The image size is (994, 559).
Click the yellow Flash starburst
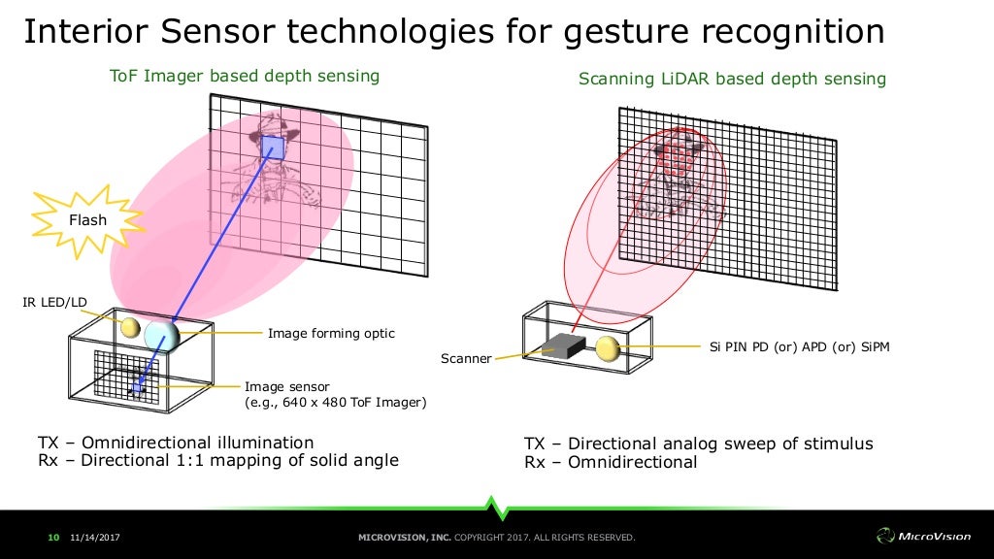coord(86,220)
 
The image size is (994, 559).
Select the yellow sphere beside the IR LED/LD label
coord(129,327)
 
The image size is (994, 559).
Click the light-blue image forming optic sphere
coord(162,336)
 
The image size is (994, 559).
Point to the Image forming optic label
coord(331,333)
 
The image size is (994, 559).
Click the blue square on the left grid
coord(273,148)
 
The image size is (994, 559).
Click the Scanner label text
coord(466,358)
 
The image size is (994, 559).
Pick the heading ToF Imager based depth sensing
coord(244,76)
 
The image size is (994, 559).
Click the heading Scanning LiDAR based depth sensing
coord(732,79)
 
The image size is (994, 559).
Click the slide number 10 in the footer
coord(53,537)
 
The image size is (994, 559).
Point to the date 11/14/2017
coord(94,537)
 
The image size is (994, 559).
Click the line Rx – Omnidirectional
coord(611,462)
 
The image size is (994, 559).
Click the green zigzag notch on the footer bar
coord(497,507)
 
